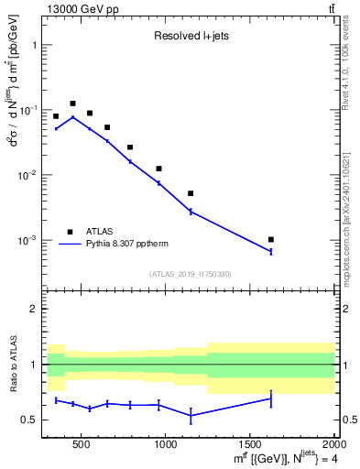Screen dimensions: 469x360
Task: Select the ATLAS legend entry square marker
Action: point(70,232)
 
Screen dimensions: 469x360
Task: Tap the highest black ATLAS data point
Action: point(72,104)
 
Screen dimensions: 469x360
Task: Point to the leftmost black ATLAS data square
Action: point(56,116)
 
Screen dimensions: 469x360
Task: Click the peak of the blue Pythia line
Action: point(72,117)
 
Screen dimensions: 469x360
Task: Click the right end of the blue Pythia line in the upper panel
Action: point(271,251)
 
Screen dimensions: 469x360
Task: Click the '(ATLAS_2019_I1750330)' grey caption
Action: point(190,273)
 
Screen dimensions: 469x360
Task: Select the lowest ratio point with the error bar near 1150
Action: point(191,415)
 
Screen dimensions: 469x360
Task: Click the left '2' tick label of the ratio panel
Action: point(35,309)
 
